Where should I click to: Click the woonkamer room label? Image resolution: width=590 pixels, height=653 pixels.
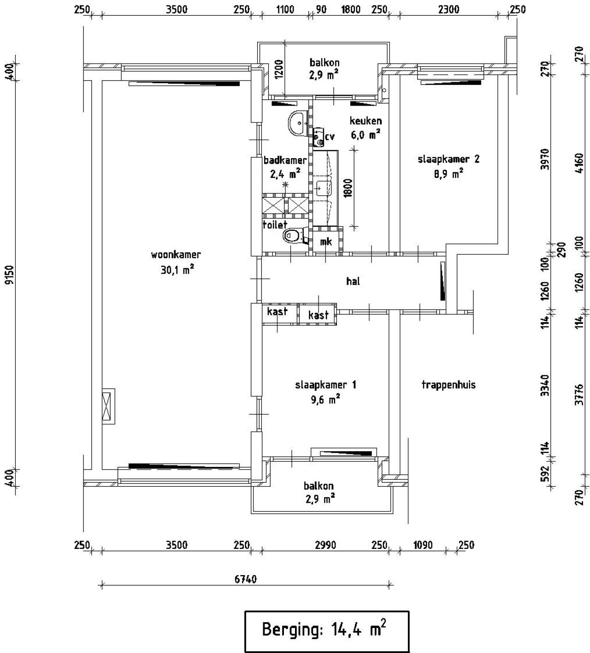coord(176,254)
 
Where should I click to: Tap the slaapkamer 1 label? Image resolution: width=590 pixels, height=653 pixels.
coord(325,385)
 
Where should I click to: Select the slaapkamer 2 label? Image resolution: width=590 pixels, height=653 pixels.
coord(448,159)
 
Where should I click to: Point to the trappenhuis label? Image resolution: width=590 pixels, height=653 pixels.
coord(448,385)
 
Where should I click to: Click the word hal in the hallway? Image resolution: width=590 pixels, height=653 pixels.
coord(353,281)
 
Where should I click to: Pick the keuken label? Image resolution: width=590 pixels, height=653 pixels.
coord(366,121)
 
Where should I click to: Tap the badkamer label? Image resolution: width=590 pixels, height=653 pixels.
coord(285,160)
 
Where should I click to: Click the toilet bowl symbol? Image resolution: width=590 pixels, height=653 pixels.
coord(291,236)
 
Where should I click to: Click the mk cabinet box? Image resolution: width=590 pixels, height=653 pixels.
coord(326,242)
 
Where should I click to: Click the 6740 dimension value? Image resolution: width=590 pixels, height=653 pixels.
coord(246,579)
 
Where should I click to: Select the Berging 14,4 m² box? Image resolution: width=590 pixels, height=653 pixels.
coord(326,631)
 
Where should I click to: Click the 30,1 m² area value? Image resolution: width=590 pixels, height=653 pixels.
coord(177,270)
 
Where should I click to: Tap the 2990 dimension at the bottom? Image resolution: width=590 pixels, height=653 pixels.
coord(325,546)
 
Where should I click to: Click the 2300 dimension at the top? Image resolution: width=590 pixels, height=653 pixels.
coord(448,9)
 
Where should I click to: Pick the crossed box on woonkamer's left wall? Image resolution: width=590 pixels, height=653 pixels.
coord(108,406)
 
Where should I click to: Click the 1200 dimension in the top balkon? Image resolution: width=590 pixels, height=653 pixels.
coord(279,69)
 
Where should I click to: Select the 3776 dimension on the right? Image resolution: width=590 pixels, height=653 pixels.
coord(579,394)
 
